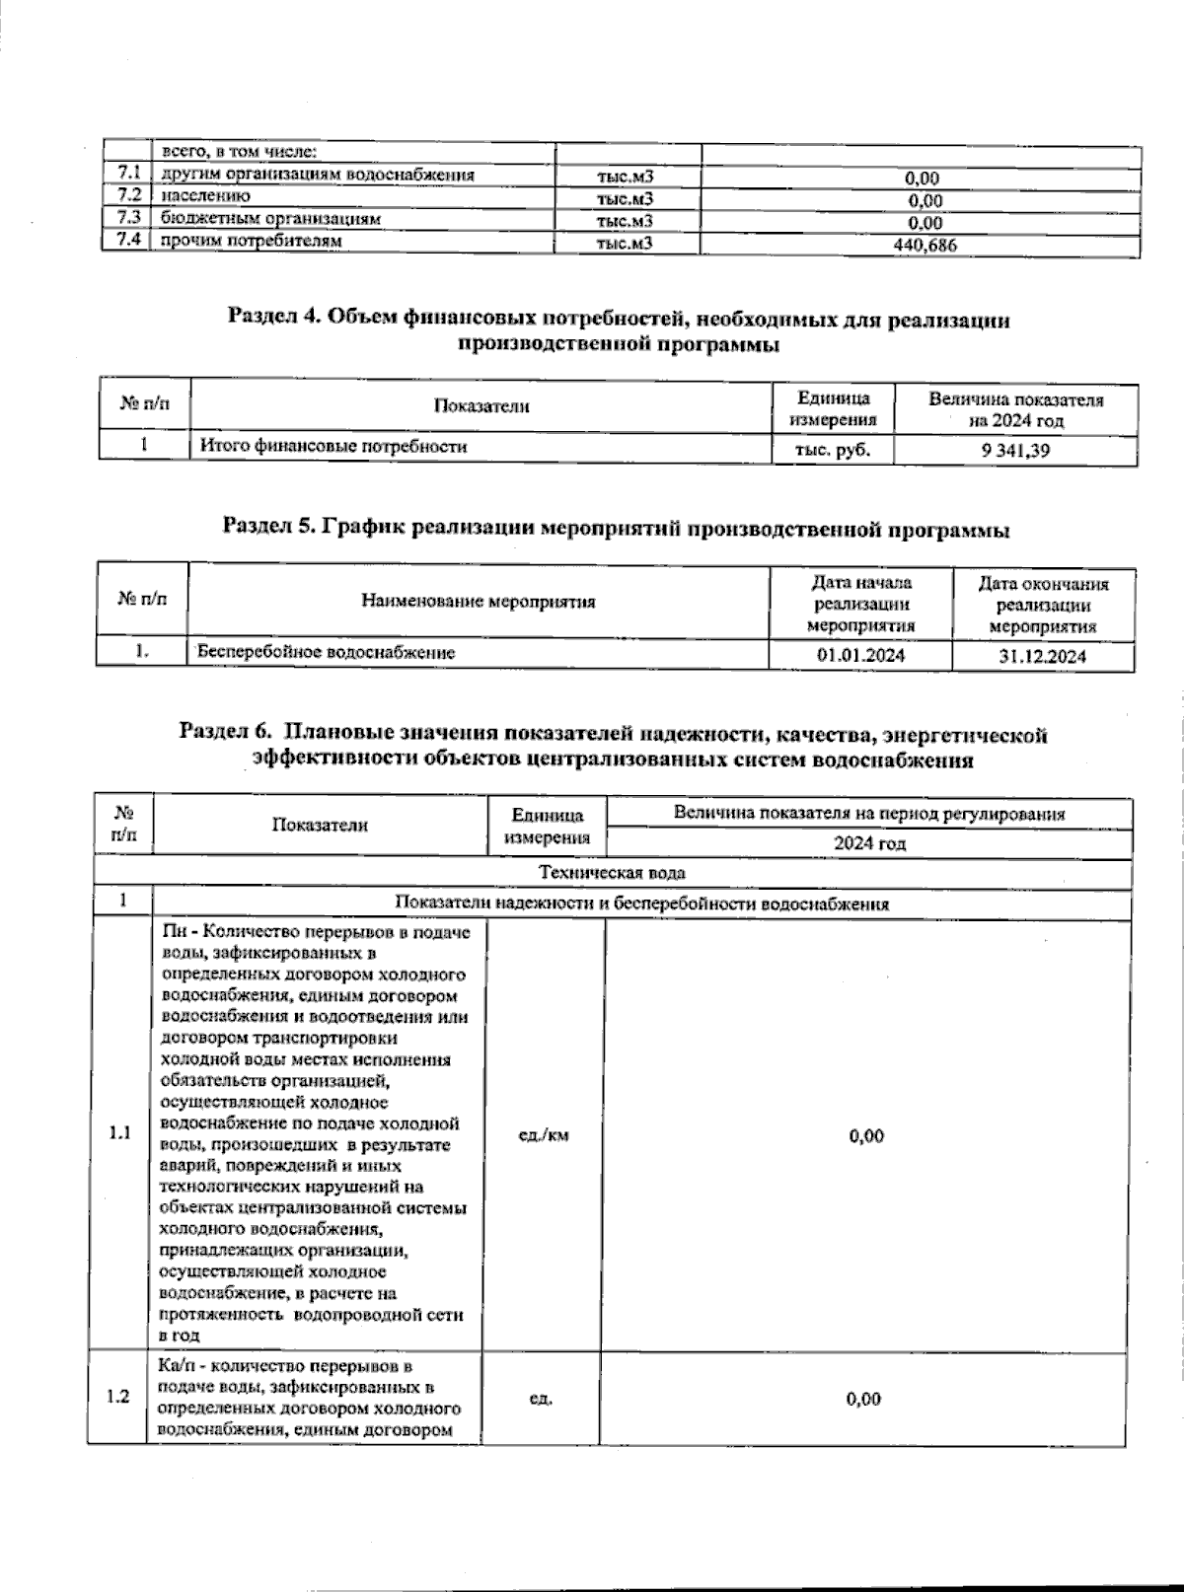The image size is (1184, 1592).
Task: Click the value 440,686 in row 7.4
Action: [x=924, y=246]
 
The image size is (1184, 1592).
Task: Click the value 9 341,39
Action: [x=1015, y=451]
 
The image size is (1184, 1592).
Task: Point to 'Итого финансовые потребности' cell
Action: [x=333, y=447]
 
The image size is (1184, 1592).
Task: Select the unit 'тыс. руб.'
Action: [x=832, y=451]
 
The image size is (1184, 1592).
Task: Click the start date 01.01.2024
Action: [x=860, y=656]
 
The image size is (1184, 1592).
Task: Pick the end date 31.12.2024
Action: [x=1042, y=656]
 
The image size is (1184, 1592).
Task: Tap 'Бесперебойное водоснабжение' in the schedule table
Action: [x=326, y=652]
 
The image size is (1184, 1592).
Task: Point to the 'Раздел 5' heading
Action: [x=616, y=529]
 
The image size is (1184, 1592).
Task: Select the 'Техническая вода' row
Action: [x=612, y=873]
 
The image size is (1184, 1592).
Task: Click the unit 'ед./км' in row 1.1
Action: [x=543, y=1135]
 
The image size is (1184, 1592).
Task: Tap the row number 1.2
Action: [x=118, y=1397]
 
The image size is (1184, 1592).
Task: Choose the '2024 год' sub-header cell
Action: [x=868, y=843]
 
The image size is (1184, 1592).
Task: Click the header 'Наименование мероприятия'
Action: [x=478, y=601]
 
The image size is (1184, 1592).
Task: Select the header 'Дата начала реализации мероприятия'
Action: [x=860, y=604]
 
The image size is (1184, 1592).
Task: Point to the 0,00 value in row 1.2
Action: [x=864, y=1399]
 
